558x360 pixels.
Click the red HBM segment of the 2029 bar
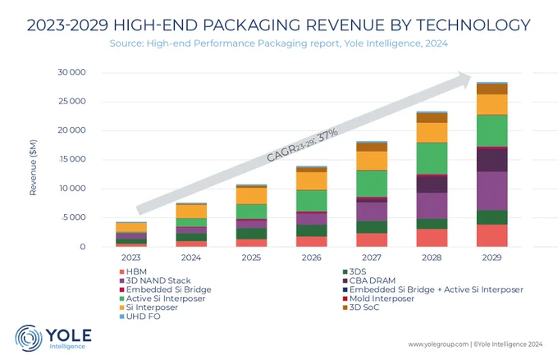click(x=492, y=235)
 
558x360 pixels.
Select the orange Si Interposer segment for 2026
click(x=311, y=181)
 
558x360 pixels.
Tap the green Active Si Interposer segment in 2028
click(x=432, y=158)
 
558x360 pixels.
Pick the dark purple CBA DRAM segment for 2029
click(x=492, y=160)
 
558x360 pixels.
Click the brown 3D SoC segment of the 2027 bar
click(x=372, y=147)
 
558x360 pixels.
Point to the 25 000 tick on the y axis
click(x=72, y=102)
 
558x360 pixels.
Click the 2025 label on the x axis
click(x=251, y=257)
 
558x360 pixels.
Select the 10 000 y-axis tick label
click(x=72, y=188)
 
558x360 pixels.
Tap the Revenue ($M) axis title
click(x=33, y=167)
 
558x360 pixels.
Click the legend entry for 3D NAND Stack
click(x=155, y=280)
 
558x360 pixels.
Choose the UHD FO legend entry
click(x=139, y=317)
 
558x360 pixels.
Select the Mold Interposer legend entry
click(x=378, y=298)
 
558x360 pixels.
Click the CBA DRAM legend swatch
click(x=345, y=281)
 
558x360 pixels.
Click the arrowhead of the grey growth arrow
click(x=464, y=80)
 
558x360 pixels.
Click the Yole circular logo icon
click(x=28, y=338)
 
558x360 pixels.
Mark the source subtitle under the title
click(x=279, y=43)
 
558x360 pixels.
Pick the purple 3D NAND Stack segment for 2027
click(x=372, y=212)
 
